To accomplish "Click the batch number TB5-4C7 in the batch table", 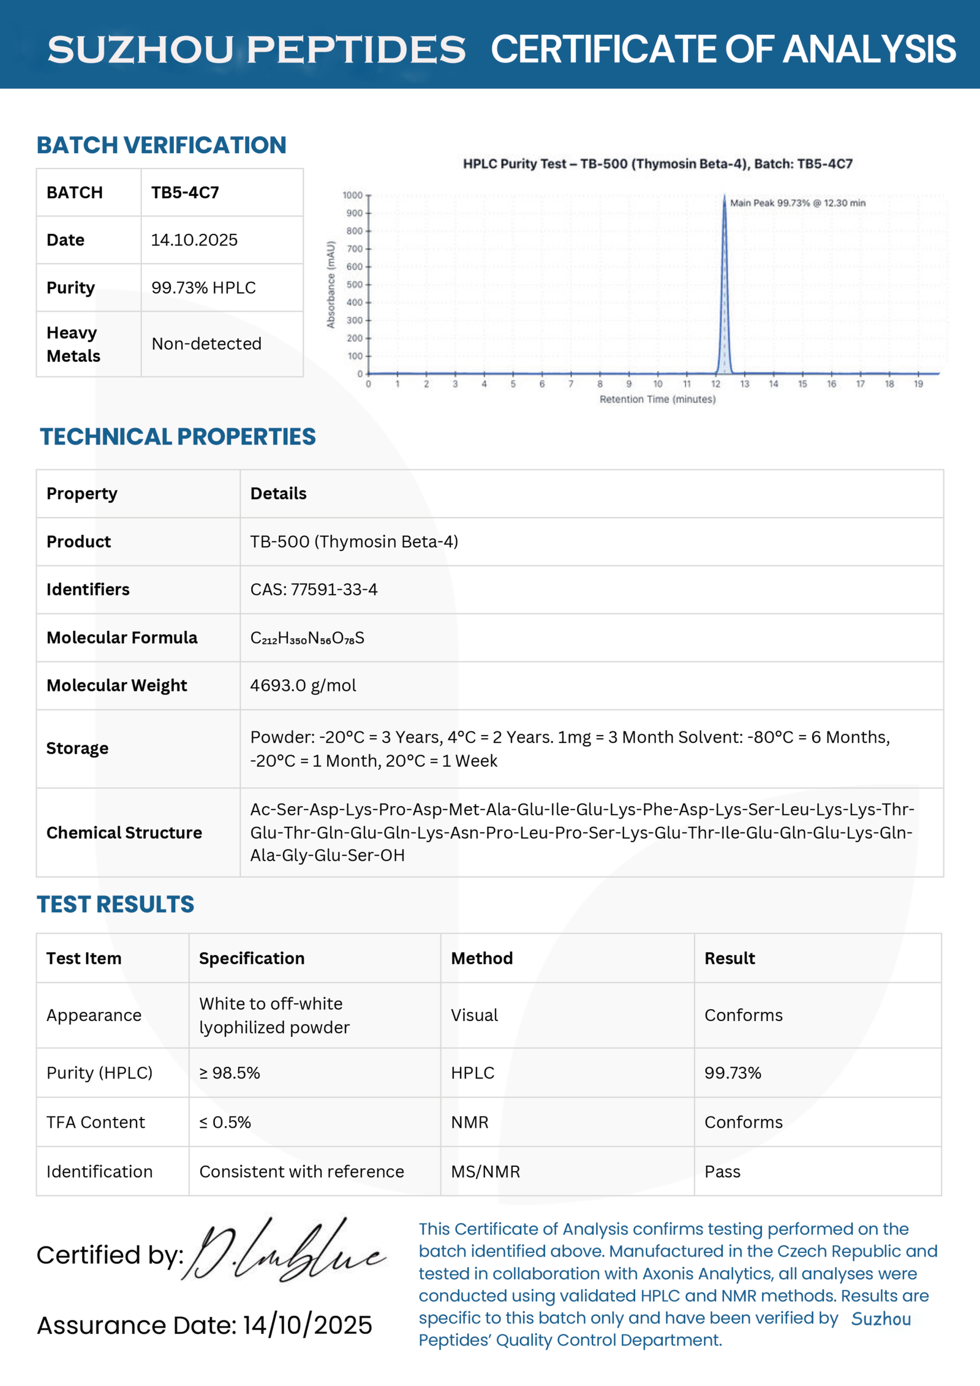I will [x=185, y=192].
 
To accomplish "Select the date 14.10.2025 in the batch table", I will [x=194, y=240].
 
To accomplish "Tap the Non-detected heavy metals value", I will [x=206, y=344].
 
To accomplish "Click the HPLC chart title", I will [x=657, y=164].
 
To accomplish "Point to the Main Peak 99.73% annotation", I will [x=797, y=203].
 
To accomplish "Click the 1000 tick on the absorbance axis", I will [x=353, y=195].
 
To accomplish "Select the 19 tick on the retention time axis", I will [x=918, y=384].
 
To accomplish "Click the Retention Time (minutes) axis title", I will [x=657, y=399].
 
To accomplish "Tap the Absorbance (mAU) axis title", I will [x=331, y=285].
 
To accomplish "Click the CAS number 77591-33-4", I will [x=314, y=589].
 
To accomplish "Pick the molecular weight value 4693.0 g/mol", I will [x=303, y=685].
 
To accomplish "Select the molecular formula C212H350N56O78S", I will [x=307, y=638].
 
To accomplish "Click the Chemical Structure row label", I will [x=124, y=832].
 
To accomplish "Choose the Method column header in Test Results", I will [x=482, y=958].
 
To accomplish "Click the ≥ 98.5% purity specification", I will [x=230, y=1072].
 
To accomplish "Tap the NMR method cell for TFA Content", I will [x=470, y=1122].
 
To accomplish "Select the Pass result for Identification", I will [x=722, y=1172].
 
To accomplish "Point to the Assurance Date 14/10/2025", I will [x=205, y=1325].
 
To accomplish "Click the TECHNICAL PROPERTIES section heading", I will [x=178, y=437].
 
